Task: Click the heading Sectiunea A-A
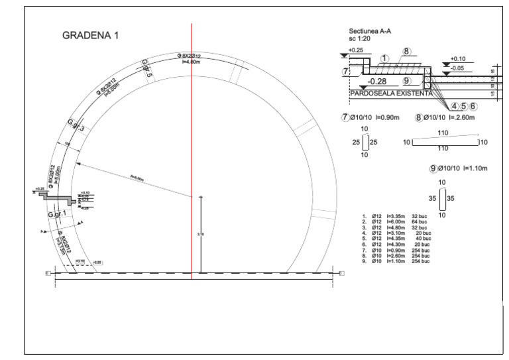coord(369,31)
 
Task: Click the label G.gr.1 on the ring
coord(58,215)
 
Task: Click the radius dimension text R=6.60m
coord(137,177)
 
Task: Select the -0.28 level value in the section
coord(376,81)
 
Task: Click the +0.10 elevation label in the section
coord(458,58)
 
